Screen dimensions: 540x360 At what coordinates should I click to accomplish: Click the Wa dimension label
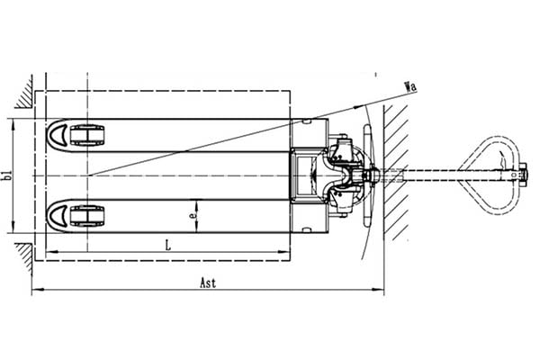tap(411, 86)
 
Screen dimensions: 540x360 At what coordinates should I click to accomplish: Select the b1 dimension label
tap(7, 175)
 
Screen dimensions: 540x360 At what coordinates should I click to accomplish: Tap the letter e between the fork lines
tap(193, 215)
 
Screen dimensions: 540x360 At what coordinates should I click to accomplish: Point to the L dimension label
tap(168, 246)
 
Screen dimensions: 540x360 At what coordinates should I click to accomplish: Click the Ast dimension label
tap(209, 283)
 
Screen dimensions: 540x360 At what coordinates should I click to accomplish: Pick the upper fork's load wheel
tap(87, 135)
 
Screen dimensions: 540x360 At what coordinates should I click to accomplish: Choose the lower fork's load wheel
tap(87, 216)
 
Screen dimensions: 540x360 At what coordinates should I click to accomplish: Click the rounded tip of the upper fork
tap(56, 135)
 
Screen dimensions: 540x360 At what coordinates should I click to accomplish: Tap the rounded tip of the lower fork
tap(56, 216)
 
